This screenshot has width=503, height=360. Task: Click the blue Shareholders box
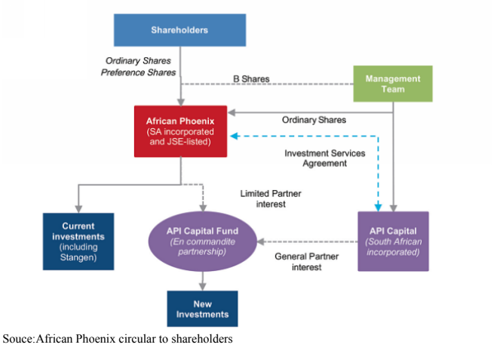[179, 30]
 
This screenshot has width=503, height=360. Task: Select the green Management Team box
[393, 84]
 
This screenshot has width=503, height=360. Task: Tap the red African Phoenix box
[180, 131]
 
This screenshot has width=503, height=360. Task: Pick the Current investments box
[78, 241]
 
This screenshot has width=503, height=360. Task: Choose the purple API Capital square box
[393, 241]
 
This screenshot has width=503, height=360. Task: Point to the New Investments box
[201, 309]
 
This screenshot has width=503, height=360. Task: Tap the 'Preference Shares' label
[138, 72]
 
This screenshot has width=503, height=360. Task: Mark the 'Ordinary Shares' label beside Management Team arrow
[314, 119]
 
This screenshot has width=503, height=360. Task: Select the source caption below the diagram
[118, 339]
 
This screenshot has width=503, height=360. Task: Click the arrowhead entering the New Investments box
[201, 287]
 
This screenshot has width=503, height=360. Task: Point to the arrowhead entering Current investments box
[78, 209]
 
